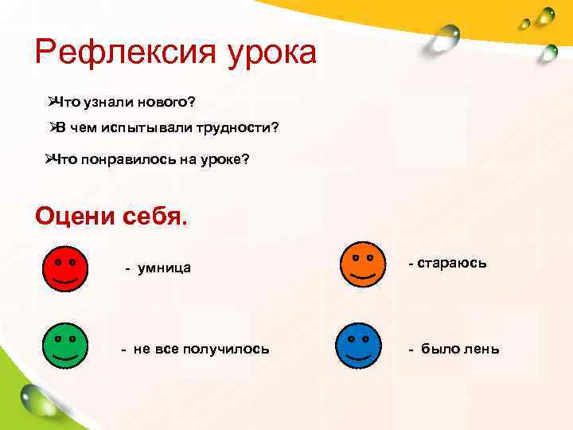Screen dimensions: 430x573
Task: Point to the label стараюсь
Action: (x=454, y=263)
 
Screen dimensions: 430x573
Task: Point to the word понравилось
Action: (x=127, y=159)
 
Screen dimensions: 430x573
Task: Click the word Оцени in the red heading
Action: (x=73, y=216)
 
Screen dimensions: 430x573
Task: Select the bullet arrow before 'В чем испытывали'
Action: (x=51, y=127)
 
